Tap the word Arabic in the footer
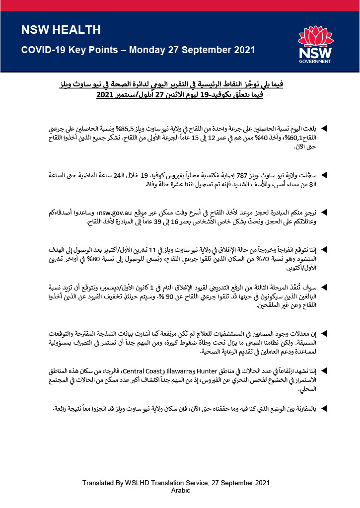click(180, 490)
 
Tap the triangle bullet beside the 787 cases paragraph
click(325, 175)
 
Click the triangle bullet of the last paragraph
click(325, 408)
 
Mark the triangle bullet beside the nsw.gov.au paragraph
click(325, 212)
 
